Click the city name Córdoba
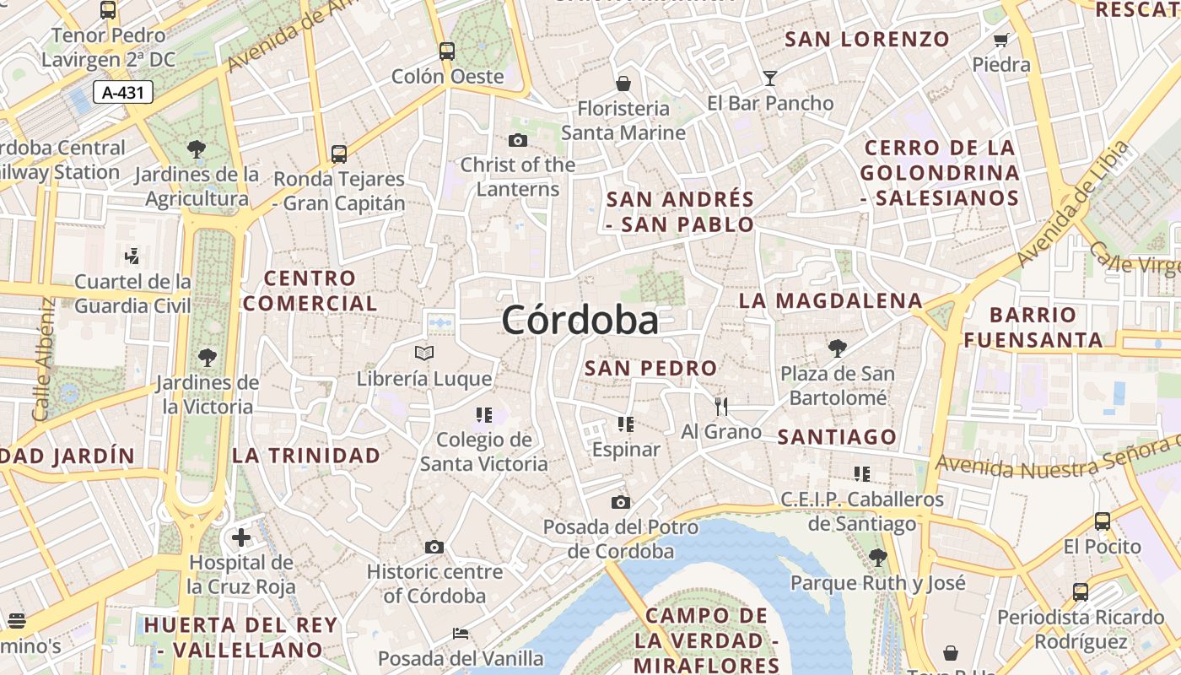(x=580, y=321)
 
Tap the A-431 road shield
(x=122, y=93)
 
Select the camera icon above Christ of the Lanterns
(x=518, y=140)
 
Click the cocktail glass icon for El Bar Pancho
(x=769, y=78)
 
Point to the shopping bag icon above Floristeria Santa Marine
(x=623, y=84)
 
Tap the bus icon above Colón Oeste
(x=447, y=51)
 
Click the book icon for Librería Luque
(x=424, y=353)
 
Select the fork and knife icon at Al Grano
(x=720, y=407)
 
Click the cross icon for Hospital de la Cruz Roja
(x=241, y=537)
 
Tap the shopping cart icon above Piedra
(x=1001, y=40)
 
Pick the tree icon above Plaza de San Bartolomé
(x=837, y=348)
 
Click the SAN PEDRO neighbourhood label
(x=650, y=368)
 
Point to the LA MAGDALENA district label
(x=831, y=300)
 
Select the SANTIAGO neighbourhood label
(x=837, y=436)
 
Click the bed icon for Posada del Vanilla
(x=461, y=633)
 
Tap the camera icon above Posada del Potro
(x=621, y=503)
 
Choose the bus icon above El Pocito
(x=1102, y=521)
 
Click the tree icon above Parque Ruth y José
(x=877, y=557)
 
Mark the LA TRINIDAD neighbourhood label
(x=306, y=456)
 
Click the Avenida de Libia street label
(x=1072, y=205)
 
